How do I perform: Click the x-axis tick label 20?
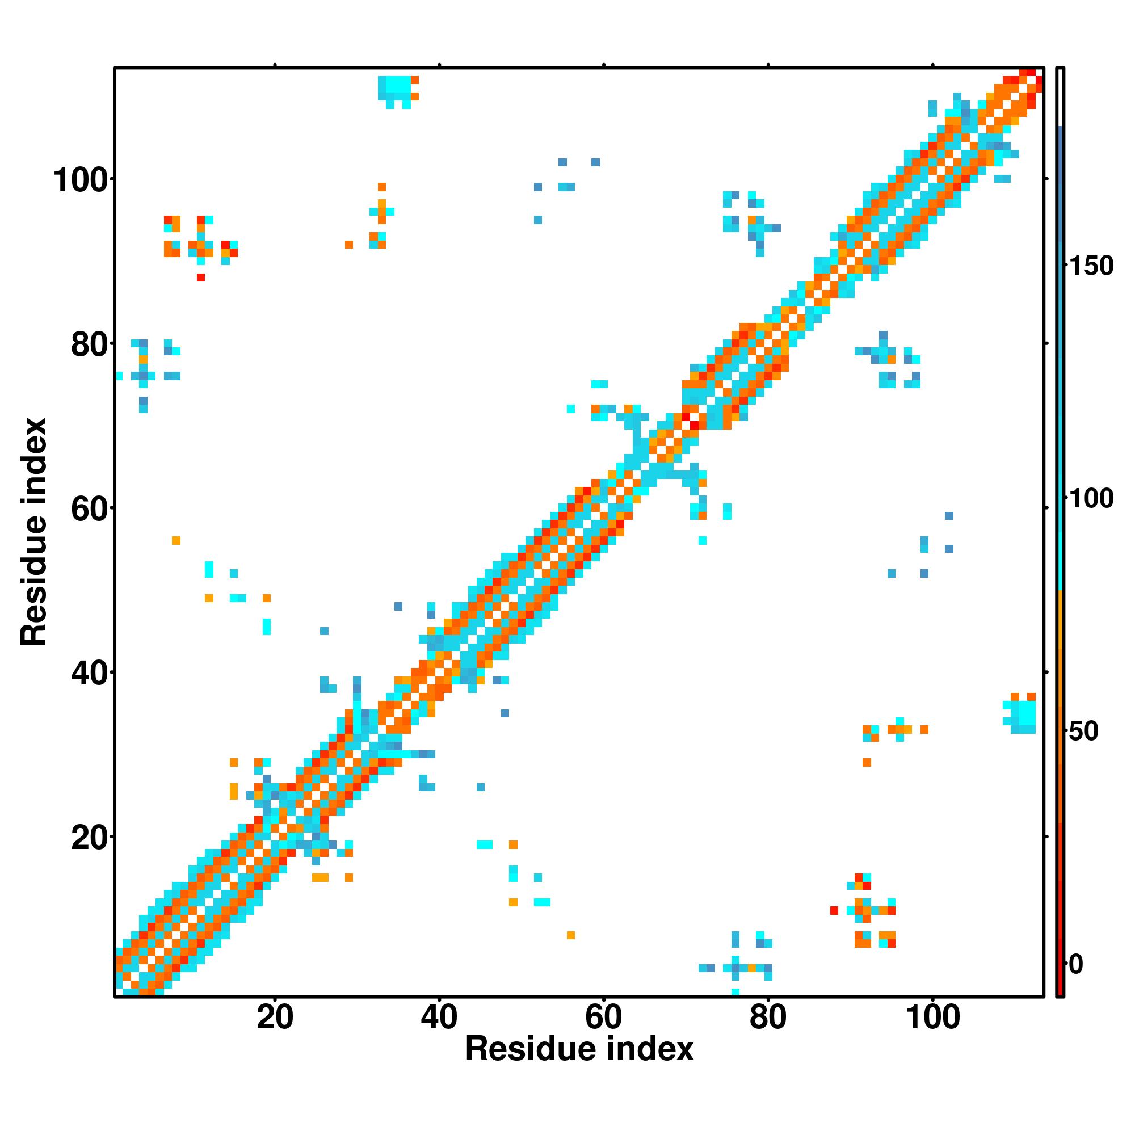[274, 1018]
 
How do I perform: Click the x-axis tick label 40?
[439, 1018]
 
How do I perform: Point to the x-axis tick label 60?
[603, 1018]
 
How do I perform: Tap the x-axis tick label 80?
[768, 1018]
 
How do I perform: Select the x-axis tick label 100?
[933, 1018]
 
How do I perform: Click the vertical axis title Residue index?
[34, 532]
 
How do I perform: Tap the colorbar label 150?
[1090, 266]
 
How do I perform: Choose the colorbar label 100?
[1090, 499]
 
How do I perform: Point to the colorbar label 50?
[1083, 732]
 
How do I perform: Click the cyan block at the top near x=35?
[394, 89]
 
